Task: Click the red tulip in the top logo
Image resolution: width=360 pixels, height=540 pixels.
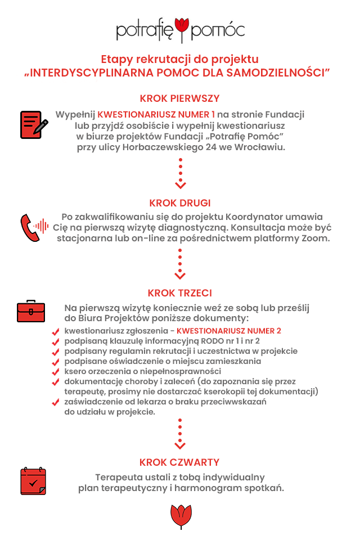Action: click(181, 27)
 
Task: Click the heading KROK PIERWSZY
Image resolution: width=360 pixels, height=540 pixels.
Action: click(180, 98)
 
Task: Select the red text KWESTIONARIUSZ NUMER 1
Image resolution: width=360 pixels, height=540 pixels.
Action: click(156, 114)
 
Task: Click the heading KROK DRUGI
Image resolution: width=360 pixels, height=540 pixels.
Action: click(180, 202)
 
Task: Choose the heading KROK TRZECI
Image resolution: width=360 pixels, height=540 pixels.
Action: click(180, 293)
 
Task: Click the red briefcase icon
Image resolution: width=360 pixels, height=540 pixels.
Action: click(30, 310)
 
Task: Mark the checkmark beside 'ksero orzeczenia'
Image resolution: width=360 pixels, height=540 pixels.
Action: click(55, 372)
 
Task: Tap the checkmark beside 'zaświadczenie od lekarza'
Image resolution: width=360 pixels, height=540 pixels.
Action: click(55, 403)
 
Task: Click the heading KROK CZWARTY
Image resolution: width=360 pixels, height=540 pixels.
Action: click(179, 462)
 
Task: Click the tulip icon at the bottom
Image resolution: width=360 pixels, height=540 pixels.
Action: click(179, 516)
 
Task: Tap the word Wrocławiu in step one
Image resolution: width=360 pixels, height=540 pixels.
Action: click(263, 147)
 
